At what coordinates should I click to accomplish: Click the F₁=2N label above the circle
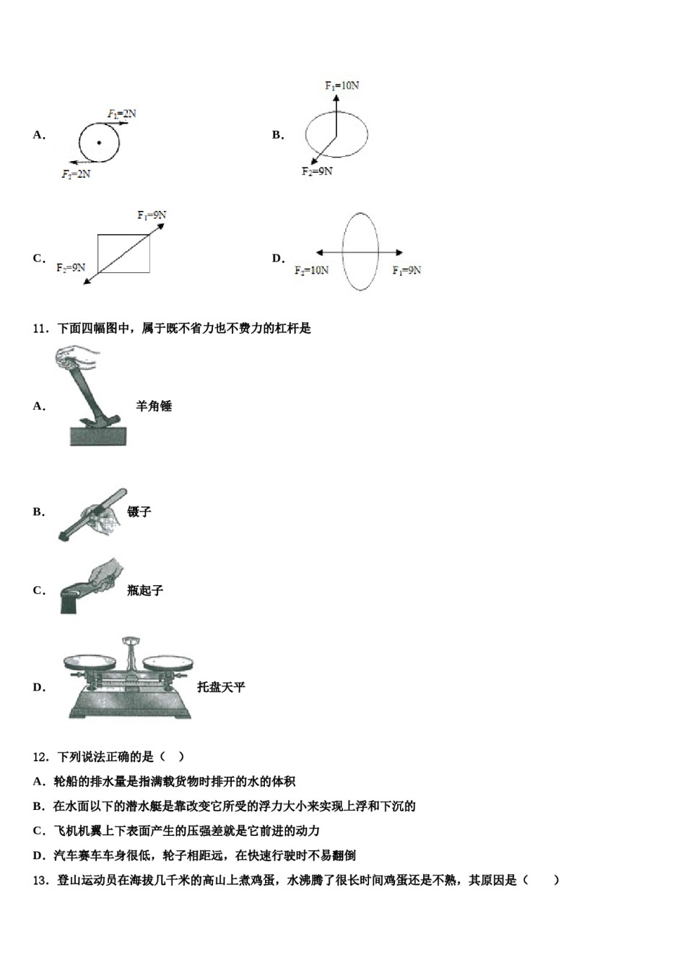[x=122, y=113]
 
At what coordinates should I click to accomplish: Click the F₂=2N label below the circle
[x=76, y=174]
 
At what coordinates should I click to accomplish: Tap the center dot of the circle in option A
[x=99, y=143]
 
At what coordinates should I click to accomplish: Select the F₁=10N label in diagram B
[x=342, y=85]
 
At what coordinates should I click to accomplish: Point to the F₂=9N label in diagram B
[x=317, y=171]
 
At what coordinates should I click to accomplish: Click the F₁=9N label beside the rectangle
[x=152, y=215]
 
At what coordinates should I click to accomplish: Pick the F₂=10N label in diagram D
[x=311, y=270]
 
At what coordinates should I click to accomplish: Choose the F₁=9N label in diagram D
[x=407, y=270]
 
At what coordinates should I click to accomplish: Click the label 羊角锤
[x=154, y=406]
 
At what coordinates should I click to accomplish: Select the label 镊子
[x=139, y=512]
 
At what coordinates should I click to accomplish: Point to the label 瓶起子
[x=145, y=590]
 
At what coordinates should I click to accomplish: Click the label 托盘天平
[x=221, y=687]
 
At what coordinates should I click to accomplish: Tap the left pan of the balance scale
[x=89, y=661]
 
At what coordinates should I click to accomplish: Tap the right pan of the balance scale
[x=168, y=660]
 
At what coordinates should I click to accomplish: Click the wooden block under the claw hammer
[x=97, y=436]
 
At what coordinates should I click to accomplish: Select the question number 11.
[x=40, y=329]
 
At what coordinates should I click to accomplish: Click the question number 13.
[x=40, y=880]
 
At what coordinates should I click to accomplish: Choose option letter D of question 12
[x=39, y=855]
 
